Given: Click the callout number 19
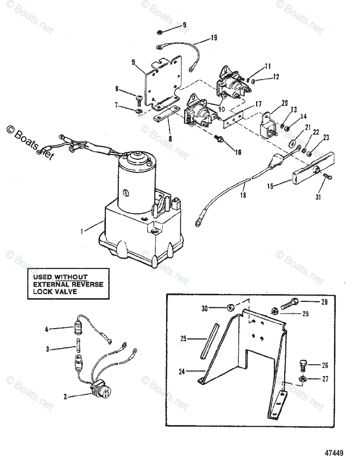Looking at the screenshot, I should pyautogui.click(x=213, y=38).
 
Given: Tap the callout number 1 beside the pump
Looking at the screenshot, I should pyautogui.click(x=82, y=232).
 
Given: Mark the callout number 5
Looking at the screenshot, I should pyautogui.click(x=133, y=62).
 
